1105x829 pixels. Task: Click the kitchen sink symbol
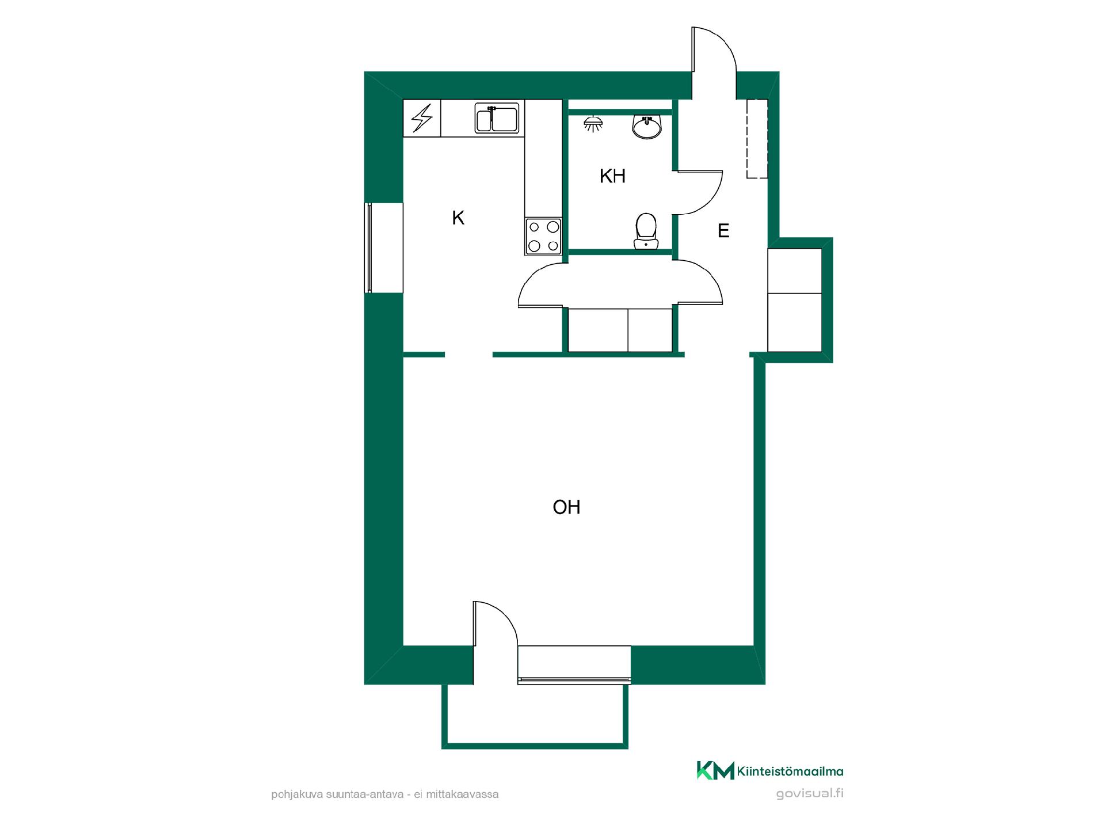point(497,117)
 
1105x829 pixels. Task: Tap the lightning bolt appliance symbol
point(422,118)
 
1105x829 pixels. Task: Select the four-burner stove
point(543,236)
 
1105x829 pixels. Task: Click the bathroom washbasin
point(647,127)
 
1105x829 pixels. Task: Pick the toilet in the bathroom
point(646,231)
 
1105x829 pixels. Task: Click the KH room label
point(612,176)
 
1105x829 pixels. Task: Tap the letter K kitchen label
point(458,218)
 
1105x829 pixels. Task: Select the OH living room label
point(566,507)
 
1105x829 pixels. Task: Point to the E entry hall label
point(723,231)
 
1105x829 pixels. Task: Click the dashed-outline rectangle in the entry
point(757,139)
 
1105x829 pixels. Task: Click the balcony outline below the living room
point(535,746)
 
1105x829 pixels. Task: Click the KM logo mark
point(715,770)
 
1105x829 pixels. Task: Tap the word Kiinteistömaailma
point(790,771)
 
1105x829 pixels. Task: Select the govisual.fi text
point(810,794)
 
